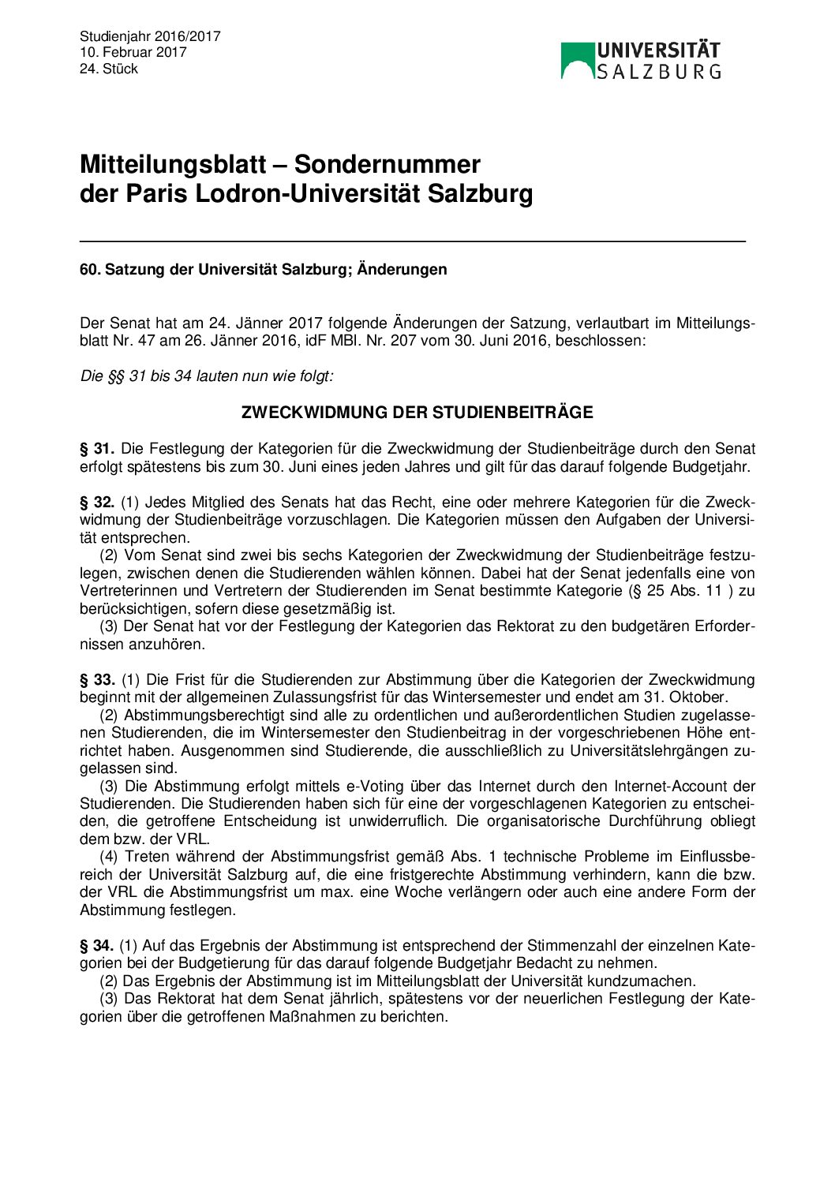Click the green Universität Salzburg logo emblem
point(577,60)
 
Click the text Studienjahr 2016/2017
point(150,36)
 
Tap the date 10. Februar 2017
point(133,52)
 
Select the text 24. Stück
point(109,69)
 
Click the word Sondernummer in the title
point(387,164)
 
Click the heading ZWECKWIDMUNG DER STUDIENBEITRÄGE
point(417,412)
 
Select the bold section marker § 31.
point(97,449)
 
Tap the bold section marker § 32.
point(97,503)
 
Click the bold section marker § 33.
point(97,679)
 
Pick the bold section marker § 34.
point(97,945)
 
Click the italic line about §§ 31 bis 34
point(207,376)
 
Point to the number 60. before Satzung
point(90,270)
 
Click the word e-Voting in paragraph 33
point(375,786)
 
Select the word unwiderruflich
point(393,821)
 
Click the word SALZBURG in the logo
point(658,72)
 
